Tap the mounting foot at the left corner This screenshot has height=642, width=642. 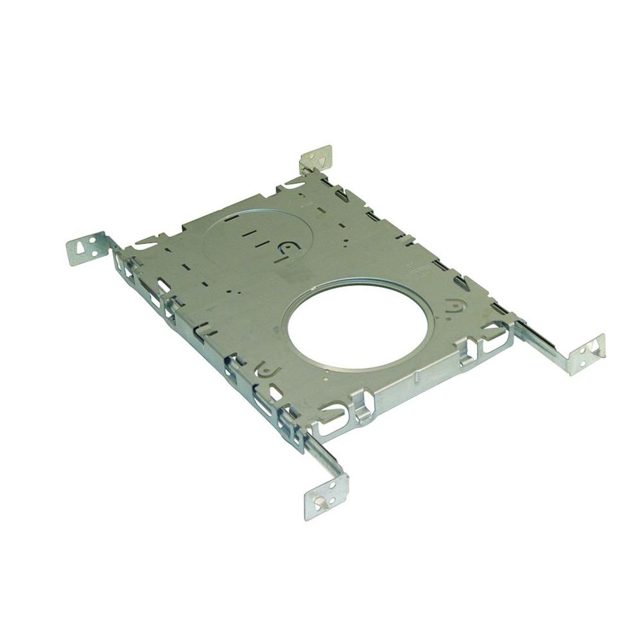pyautogui.click(x=86, y=248)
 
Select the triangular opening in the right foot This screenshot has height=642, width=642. pyautogui.click(x=594, y=347)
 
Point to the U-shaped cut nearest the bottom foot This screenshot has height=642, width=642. pyautogui.click(x=265, y=370)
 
